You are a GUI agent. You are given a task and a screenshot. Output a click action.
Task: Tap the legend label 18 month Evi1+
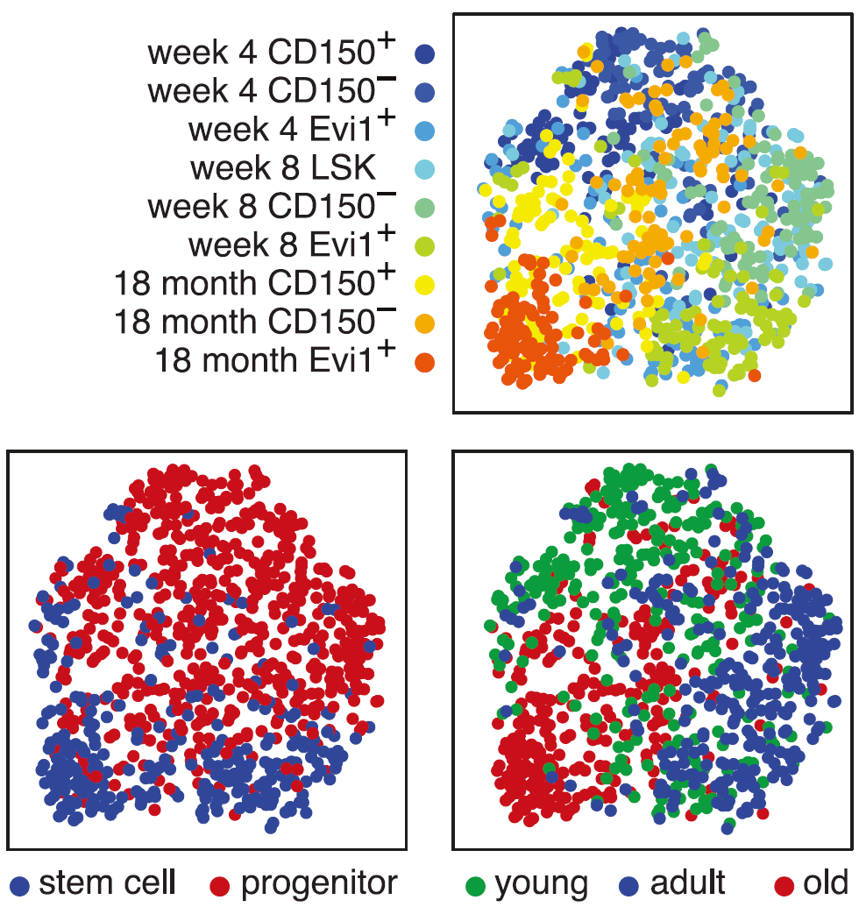point(272,360)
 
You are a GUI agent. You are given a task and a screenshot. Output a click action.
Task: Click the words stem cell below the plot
point(107,883)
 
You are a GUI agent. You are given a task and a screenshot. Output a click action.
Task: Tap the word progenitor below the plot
point(319,883)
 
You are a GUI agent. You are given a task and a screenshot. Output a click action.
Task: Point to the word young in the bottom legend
point(541,883)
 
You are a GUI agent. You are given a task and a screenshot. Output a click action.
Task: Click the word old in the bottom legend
point(827,883)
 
